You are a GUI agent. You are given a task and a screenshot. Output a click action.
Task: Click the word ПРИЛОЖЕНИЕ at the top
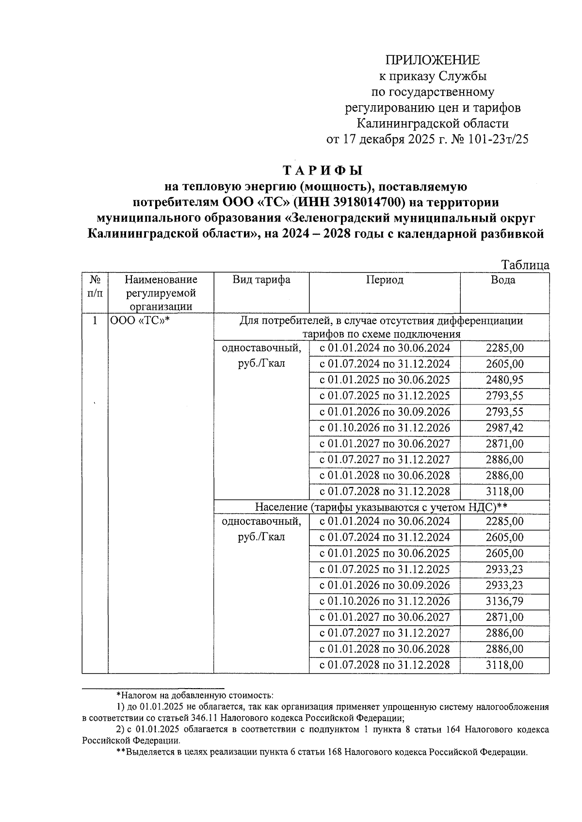(433, 60)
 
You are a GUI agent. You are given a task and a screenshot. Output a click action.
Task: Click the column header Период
(384, 280)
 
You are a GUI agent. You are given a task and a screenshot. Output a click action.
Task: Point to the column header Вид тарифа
(261, 280)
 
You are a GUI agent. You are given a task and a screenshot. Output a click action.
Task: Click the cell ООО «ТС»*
(139, 321)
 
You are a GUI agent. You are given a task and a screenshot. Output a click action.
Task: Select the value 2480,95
(504, 380)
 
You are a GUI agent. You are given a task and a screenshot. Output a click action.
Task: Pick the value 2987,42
(504, 428)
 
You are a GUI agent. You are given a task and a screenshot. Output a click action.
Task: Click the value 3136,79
(504, 601)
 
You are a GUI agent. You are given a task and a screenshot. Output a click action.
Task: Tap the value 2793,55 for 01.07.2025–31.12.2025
(504, 396)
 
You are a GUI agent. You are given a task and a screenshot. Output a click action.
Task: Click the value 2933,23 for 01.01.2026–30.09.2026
(504, 585)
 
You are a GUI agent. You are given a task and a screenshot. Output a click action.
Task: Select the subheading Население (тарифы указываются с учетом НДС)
(381, 507)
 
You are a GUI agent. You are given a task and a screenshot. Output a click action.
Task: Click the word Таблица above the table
(525, 265)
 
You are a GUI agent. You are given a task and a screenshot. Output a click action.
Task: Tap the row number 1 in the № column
(95, 321)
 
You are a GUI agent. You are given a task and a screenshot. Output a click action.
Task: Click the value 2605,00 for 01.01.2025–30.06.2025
(504, 553)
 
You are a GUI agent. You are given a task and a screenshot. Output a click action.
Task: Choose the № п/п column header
(95, 286)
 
